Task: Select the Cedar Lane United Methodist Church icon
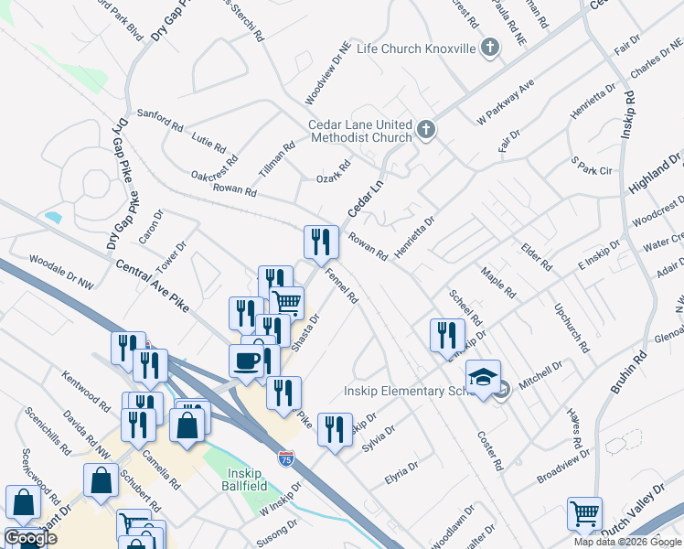tap(426, 131)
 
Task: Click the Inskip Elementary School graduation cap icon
tap(482, 375)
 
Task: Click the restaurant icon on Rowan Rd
tap(321, 242)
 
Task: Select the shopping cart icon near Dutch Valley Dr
tap(584, 513)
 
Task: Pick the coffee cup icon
tap(246, 360)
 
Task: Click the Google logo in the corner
tap(30, 538)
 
